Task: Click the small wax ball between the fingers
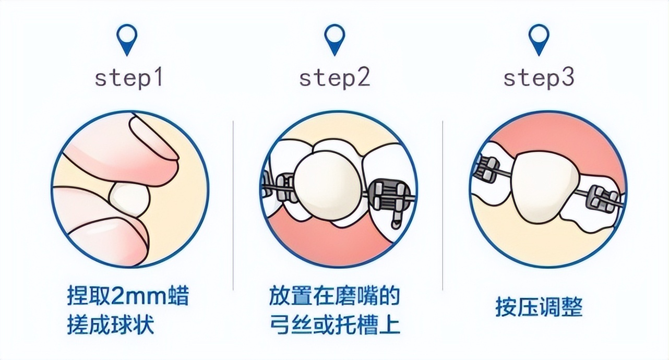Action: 129,200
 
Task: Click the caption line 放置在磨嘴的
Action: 334,296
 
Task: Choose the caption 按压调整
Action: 539,307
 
